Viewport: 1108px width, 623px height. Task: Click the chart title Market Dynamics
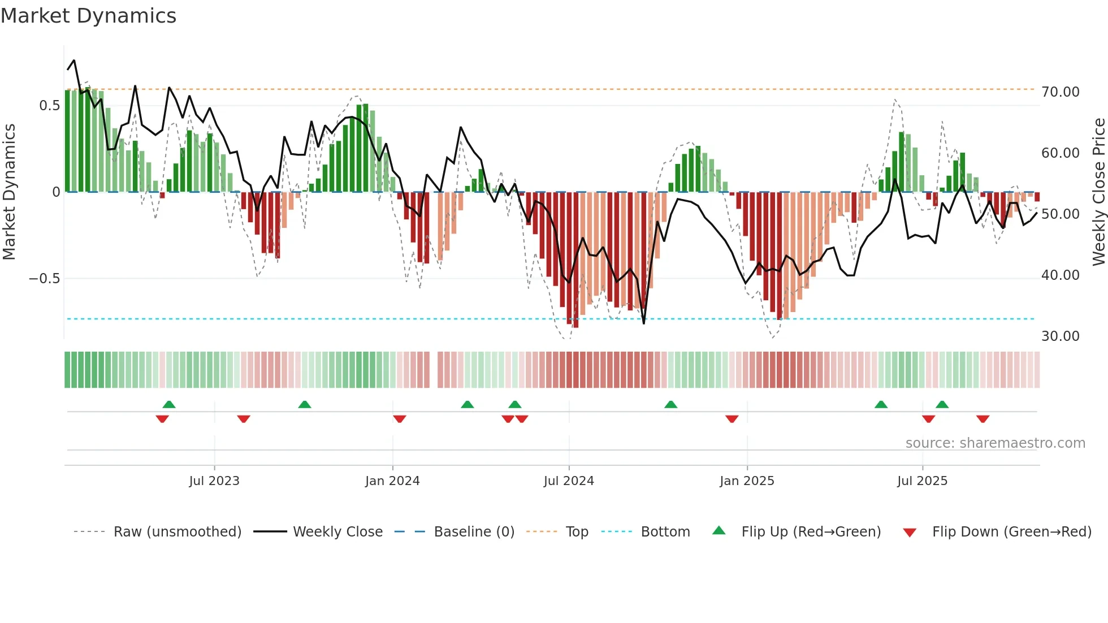pyautogui.click(x=89, y=16)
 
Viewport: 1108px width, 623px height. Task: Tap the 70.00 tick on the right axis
pyautogui.click(x=1060, y=92)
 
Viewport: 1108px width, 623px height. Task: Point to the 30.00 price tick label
pyautogui.click(x=1060, y=336)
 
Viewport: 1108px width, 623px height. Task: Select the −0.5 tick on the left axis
pyautogui.click(x=44, y=279)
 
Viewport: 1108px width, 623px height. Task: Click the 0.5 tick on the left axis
pyautogui.click(x=49, y=106)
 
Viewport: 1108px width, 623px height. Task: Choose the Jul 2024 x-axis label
pyautogui.click(x=569, y=481)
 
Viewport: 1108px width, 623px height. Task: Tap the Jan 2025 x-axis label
pyautogui.click(x=747, y=481)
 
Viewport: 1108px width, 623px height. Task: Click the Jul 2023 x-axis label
pyautogui.click(x=214, y=481)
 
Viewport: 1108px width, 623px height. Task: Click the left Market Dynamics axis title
pyautogui.click(x=9, y=192)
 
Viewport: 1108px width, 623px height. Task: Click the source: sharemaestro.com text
pyautogui.click(x=995, y=443)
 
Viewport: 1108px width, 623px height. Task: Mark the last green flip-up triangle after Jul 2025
pyautogui.click(x=942, y=405)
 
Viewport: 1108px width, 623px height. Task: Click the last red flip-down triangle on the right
pyautogui.click(x=983, y=419)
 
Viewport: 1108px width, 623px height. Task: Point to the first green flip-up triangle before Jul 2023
pyautogui.click(x=169, y=405)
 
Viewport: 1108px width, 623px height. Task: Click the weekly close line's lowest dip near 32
pyautogui.click(x=643, y=323)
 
